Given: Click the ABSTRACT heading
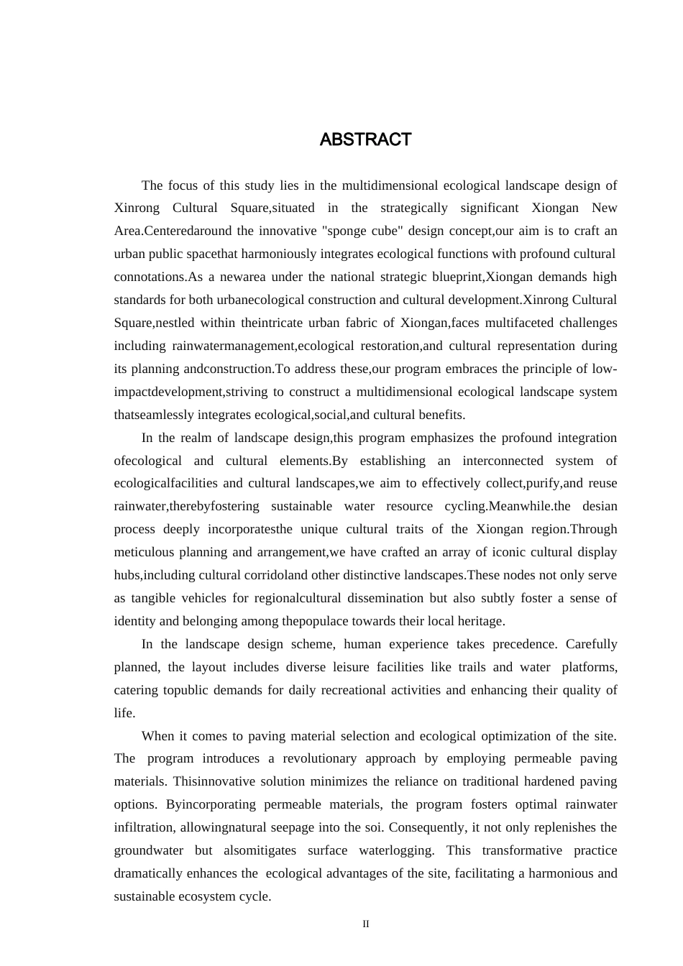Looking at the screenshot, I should (365, 139).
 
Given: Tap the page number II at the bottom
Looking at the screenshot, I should (365, 924).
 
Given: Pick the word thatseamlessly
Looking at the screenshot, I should (152, 415).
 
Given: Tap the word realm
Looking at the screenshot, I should (198, 438).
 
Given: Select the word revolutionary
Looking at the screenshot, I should (319, 759).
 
